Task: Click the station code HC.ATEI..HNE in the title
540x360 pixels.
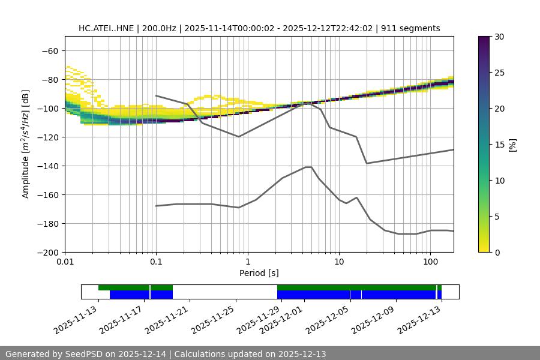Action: coord(106,28)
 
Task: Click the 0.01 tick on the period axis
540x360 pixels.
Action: coord(65,262)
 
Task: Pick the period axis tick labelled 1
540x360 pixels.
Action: coord(247,262)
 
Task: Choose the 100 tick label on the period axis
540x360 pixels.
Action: coord(430,262)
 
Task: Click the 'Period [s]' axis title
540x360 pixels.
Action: coord(259,273)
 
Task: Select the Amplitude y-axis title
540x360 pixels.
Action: coord(25,144)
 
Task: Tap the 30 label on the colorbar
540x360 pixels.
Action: coord(499,37)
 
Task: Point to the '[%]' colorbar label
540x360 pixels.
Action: coord(512,145)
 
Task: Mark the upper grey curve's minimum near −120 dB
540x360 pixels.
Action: coord(239,136)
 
